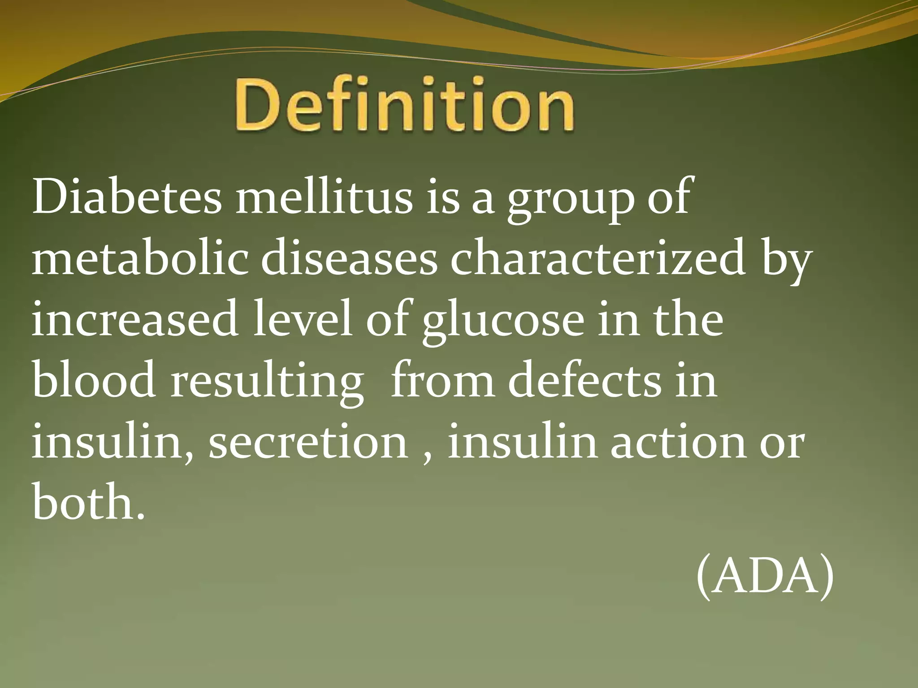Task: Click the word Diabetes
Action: [x=127, y=197]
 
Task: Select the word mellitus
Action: [x=324, y=197]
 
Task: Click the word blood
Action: [x=94, y=381]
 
